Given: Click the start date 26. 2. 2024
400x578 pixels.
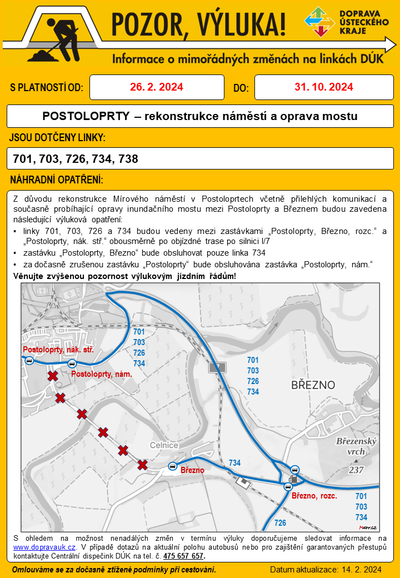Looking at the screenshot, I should [x=157, y=87].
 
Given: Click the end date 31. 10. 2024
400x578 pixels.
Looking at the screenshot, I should [x=324, y=87].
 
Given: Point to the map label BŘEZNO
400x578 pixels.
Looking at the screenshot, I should [x=313, y=385].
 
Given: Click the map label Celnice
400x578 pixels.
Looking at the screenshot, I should [x=164, y=445].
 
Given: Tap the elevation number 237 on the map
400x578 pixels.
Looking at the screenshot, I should [x=356, y=470].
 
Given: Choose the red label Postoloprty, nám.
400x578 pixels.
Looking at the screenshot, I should [x=102, y=375].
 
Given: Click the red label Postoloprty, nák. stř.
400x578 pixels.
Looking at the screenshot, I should [x=58, y=350].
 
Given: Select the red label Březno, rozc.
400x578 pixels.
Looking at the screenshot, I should [x=314, y=496].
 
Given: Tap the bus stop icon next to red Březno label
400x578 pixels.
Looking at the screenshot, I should [x=172, y=466].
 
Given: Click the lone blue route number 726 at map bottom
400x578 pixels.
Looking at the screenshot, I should [x=281, y=523].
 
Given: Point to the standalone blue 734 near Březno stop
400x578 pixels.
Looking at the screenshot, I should [x=234, y=463].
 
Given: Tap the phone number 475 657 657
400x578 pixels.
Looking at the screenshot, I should [x=184, y=556].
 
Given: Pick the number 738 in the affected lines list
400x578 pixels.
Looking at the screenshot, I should [x=128, y=159].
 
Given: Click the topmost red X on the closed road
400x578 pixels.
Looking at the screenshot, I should [x=53, y=376].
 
